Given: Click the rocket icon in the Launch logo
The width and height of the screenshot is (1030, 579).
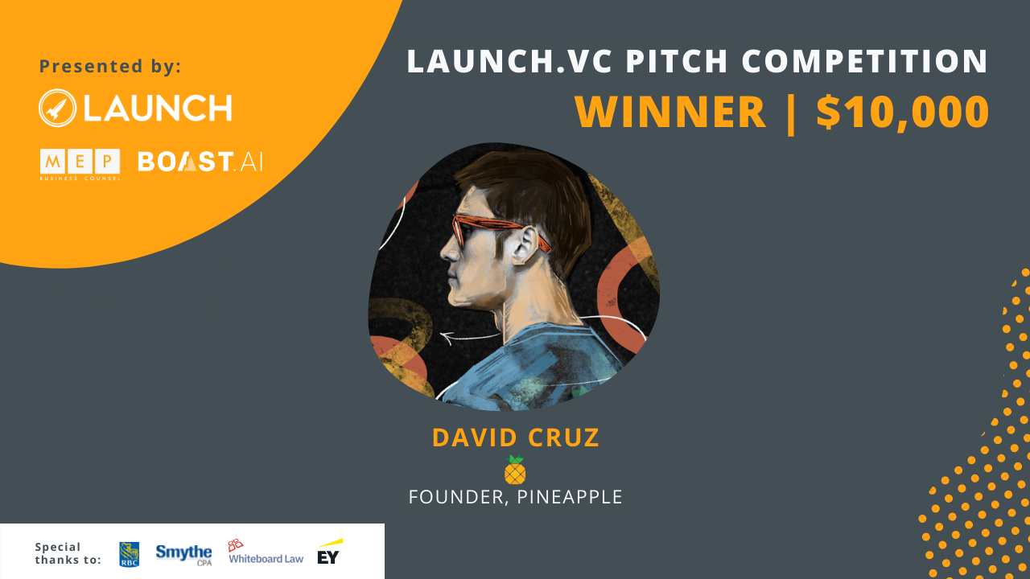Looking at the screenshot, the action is (57, 108).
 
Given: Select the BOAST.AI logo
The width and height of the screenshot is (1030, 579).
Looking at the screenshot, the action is (200, 162).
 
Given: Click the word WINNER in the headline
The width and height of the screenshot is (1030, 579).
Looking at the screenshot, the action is (670, 112).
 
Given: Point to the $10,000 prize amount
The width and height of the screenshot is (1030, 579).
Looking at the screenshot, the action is (903, 113).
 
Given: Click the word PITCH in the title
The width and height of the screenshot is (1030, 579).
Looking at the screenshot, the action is (677, 61).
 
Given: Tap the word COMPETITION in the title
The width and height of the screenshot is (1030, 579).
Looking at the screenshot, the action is (864, 61).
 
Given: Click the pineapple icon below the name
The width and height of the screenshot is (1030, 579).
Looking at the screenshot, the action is (514, 470).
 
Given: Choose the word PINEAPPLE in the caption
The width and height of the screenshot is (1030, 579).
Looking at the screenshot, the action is (570, 497).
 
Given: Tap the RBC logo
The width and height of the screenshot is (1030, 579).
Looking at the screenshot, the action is (130, 554).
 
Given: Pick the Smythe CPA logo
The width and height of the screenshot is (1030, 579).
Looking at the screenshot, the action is (183, 555).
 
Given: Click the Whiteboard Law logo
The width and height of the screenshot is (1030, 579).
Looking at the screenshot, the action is (266, 552).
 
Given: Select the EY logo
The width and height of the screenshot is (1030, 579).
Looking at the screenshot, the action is (330, 552).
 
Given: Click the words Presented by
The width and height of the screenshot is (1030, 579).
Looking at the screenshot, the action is (110, 66).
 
